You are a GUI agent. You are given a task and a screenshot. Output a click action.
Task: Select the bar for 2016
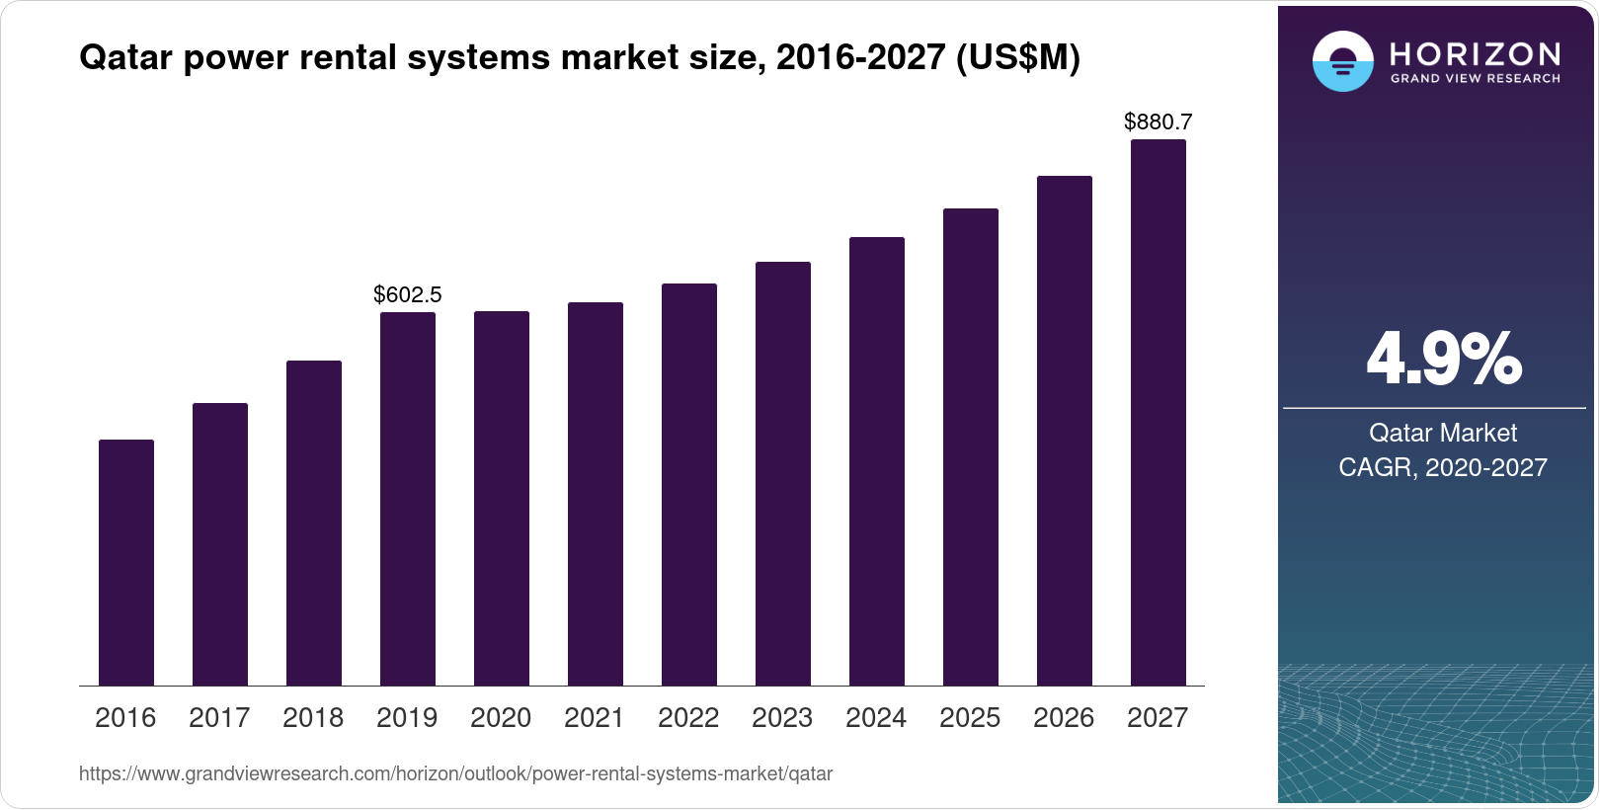126,563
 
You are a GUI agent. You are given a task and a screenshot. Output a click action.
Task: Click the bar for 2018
314,524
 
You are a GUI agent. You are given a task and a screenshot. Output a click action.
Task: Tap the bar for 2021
596,494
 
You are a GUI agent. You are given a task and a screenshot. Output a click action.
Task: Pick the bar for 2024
877,461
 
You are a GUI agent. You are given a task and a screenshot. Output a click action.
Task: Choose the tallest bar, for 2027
1159,413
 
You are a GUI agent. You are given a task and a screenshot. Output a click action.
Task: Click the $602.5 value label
408,294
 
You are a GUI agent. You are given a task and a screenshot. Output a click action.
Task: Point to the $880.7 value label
1159,122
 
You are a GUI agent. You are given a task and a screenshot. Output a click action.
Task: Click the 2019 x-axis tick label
407,718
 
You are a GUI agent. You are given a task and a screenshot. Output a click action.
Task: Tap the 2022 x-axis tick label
688,718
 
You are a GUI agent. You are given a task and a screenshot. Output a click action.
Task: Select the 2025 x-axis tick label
970,718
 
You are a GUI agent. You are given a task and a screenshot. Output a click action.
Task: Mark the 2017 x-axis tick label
219,718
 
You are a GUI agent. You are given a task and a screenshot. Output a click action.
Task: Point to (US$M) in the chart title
1017,58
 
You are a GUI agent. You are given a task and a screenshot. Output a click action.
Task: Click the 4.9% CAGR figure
1443,359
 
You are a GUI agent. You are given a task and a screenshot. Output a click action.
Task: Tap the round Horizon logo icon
1342,61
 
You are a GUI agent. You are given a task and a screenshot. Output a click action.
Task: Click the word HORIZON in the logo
1475,53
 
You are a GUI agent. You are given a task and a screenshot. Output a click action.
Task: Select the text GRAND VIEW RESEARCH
1475,79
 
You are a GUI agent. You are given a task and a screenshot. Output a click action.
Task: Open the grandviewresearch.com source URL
455,774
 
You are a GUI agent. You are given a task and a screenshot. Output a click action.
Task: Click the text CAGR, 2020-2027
1443,467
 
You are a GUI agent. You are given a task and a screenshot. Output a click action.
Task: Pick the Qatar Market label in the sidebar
1443,433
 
